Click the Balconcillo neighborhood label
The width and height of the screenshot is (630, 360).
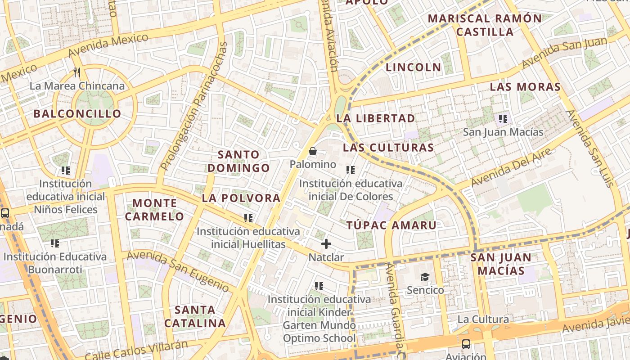pyautogui.click(x=77, y=113)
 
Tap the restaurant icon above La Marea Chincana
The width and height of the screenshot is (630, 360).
pyautogui.click(x=77, y=72)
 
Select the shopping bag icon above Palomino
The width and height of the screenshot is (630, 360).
pyautogui.click(x=313, y=151)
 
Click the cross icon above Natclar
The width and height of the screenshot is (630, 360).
pyautogui.click(x=326, y=244)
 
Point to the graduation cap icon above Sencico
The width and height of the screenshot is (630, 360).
pyautogui.click(x=425, y=277)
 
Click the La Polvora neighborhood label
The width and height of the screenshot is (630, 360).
pyautogui.click(x=241, y=198)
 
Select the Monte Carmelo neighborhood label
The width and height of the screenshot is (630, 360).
pyautogui.click(x=154, y=210)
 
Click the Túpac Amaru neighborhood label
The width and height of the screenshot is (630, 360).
pyautogui.click(x=391, y=225)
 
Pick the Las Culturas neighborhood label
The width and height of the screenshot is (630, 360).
pyautogui.click(x=388, y=148)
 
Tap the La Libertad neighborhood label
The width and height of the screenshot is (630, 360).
pyautogui.click(x=376, y=118)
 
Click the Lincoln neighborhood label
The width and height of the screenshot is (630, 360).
pyautogui.click(x=414, y=67)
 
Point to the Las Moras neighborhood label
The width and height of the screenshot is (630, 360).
pyautogui.click(x=525, y=87)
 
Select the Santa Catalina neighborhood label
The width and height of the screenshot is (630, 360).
pyautogui.click(x=195, y=316)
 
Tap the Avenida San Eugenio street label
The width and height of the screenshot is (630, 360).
pyautogui.click(x=178, y=270)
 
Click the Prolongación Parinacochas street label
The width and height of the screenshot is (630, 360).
pyautogui.click(x=194, y=106)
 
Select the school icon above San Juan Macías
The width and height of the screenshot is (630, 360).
pyautogui.click(x=503, y=119)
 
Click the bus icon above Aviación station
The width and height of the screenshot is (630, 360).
pyautogui.click(x=466, y=344)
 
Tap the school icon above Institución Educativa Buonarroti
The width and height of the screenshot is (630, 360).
pyautogui.click(x=55, y=243)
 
